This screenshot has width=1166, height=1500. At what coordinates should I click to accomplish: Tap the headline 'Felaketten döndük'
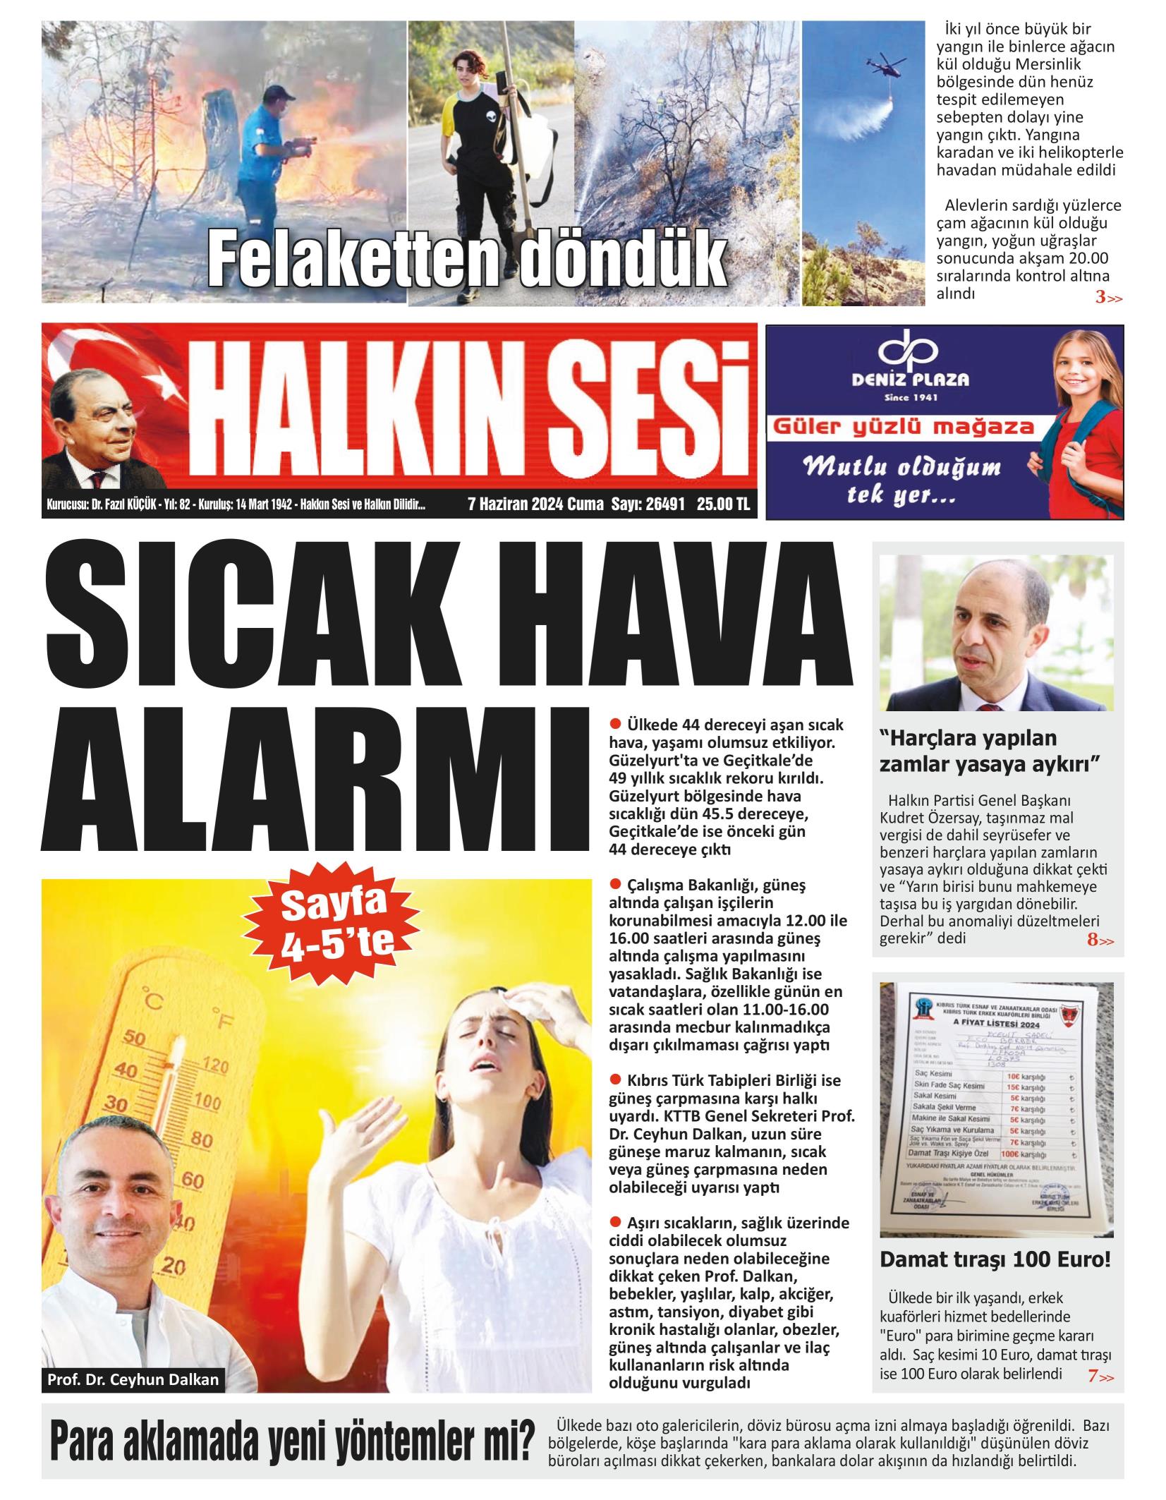[x=467, y=263]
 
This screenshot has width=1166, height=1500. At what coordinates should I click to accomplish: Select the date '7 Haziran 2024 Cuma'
[x=535, y=504]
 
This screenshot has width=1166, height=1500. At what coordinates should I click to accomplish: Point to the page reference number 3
[x=1100, y=298]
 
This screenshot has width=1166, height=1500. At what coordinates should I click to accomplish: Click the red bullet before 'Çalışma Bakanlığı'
[x=614, y=884]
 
